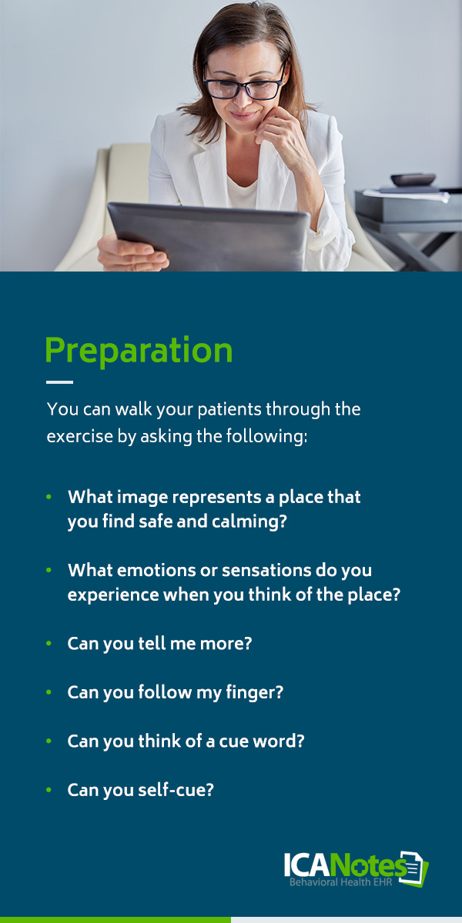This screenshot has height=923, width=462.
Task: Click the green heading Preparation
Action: tap(139, 351)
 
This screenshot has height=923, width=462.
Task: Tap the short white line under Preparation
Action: tap(59, 382)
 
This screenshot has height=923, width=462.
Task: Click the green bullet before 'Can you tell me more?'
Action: tap(49, 644)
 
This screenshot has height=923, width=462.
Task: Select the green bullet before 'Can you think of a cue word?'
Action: tap(49, 741)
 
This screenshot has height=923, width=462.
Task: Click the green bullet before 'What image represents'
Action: tap(49, 498)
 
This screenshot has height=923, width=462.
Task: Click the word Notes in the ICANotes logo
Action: tap(370, 866)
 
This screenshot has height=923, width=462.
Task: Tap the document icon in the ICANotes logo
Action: tap(417, 869)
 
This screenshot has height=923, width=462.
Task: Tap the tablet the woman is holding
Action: tap(208, 235)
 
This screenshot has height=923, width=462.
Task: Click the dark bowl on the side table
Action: tap(413, 180)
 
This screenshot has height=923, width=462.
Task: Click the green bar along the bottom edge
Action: tap(115, 919)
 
